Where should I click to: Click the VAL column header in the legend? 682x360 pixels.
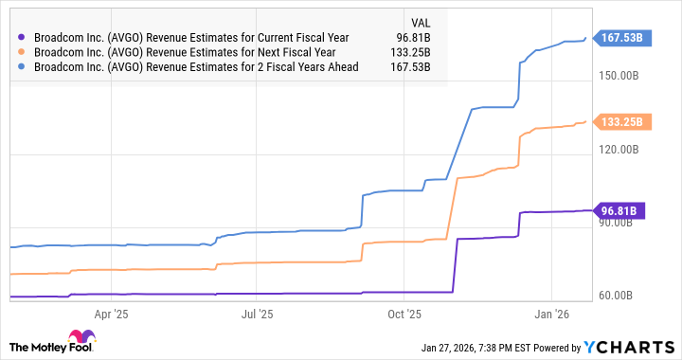point(419,21)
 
